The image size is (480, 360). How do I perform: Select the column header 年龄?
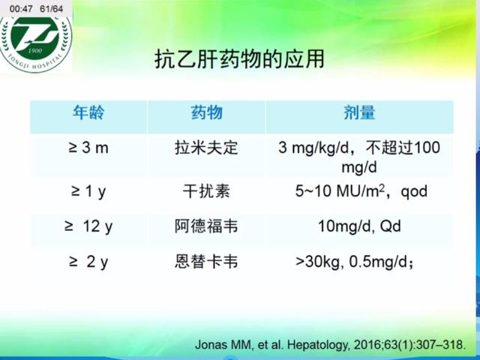click(88, 113)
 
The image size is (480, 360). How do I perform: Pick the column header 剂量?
click(359, 113)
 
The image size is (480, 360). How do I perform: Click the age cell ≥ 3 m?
click(88, 148)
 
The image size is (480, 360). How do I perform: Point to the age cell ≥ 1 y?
click(88, 191)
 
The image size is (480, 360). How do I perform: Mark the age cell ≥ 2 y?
click(88, 262)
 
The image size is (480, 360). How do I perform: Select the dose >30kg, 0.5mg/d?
click(355, 262)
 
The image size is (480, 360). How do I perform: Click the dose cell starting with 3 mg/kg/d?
click(359, 156)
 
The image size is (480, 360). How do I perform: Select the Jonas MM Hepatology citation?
click(330, 346)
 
